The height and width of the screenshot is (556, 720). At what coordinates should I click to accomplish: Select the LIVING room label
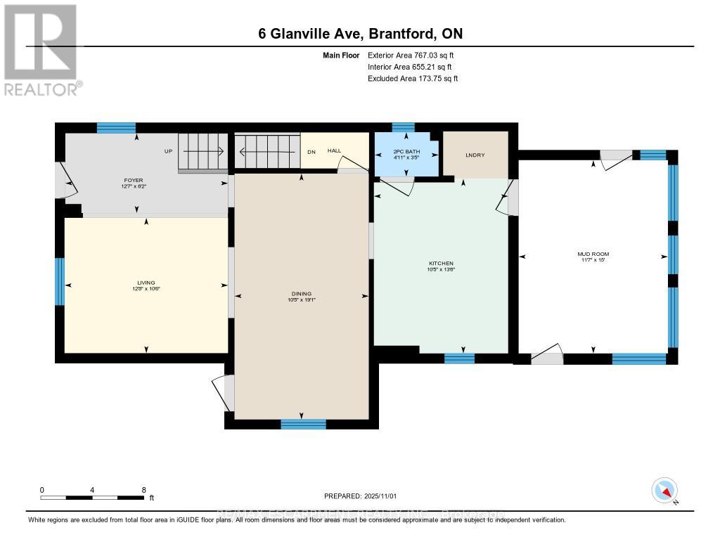pos(146,283)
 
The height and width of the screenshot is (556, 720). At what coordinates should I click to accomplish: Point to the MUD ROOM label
pos(594,254)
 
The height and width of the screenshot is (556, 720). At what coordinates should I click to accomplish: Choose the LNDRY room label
pos(475,155)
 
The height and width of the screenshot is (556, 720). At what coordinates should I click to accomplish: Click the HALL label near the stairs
pos(334,150)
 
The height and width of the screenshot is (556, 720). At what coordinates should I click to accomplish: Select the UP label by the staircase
pos(169,150)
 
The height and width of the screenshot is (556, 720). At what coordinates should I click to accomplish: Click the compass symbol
pos(664,490)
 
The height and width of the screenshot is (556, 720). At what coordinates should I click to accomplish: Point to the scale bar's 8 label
pos(144,490)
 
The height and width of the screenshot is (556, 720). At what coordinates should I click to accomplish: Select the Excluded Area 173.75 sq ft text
pos(413,79)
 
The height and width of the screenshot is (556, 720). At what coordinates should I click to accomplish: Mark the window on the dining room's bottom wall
pos(303,424)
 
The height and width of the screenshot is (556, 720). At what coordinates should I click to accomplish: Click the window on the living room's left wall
pos(60,282)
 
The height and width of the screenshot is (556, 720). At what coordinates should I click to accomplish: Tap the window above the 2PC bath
pos(403,127)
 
